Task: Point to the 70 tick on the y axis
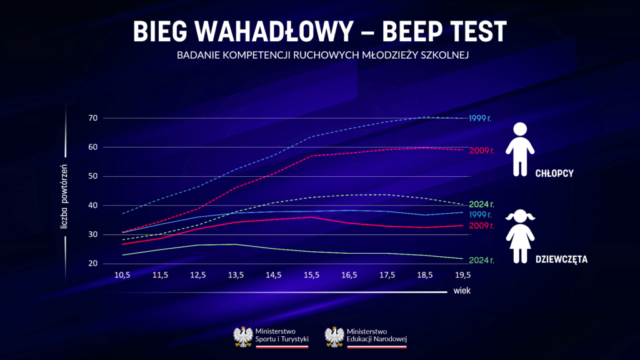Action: [92, 118]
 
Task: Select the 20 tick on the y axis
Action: [92, 264]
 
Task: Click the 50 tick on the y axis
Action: [92, 176]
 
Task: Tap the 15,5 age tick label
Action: [311, 276]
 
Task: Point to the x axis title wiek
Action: [462, 291]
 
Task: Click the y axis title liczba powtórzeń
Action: [64, 198]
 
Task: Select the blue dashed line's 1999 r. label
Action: [481, 118]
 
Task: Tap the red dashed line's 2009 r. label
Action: [481, 150]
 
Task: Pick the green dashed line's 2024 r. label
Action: [481, 204]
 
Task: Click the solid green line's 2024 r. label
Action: [481, 260]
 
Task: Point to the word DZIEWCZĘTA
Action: [561, 258]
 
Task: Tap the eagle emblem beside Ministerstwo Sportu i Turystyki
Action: [242, 336]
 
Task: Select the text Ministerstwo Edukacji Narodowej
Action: [376, 336]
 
